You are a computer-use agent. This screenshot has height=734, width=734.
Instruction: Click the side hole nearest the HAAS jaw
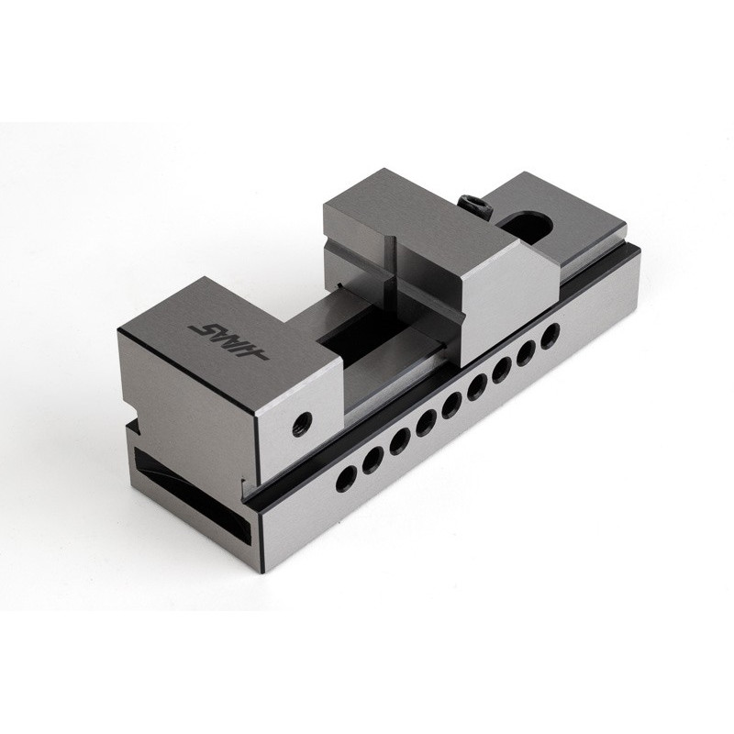click(x=347, y=476)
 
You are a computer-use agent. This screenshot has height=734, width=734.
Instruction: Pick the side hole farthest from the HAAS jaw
click(x=550, y=332)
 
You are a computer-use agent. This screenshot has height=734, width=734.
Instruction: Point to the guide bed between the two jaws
click(x=385, y=367)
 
